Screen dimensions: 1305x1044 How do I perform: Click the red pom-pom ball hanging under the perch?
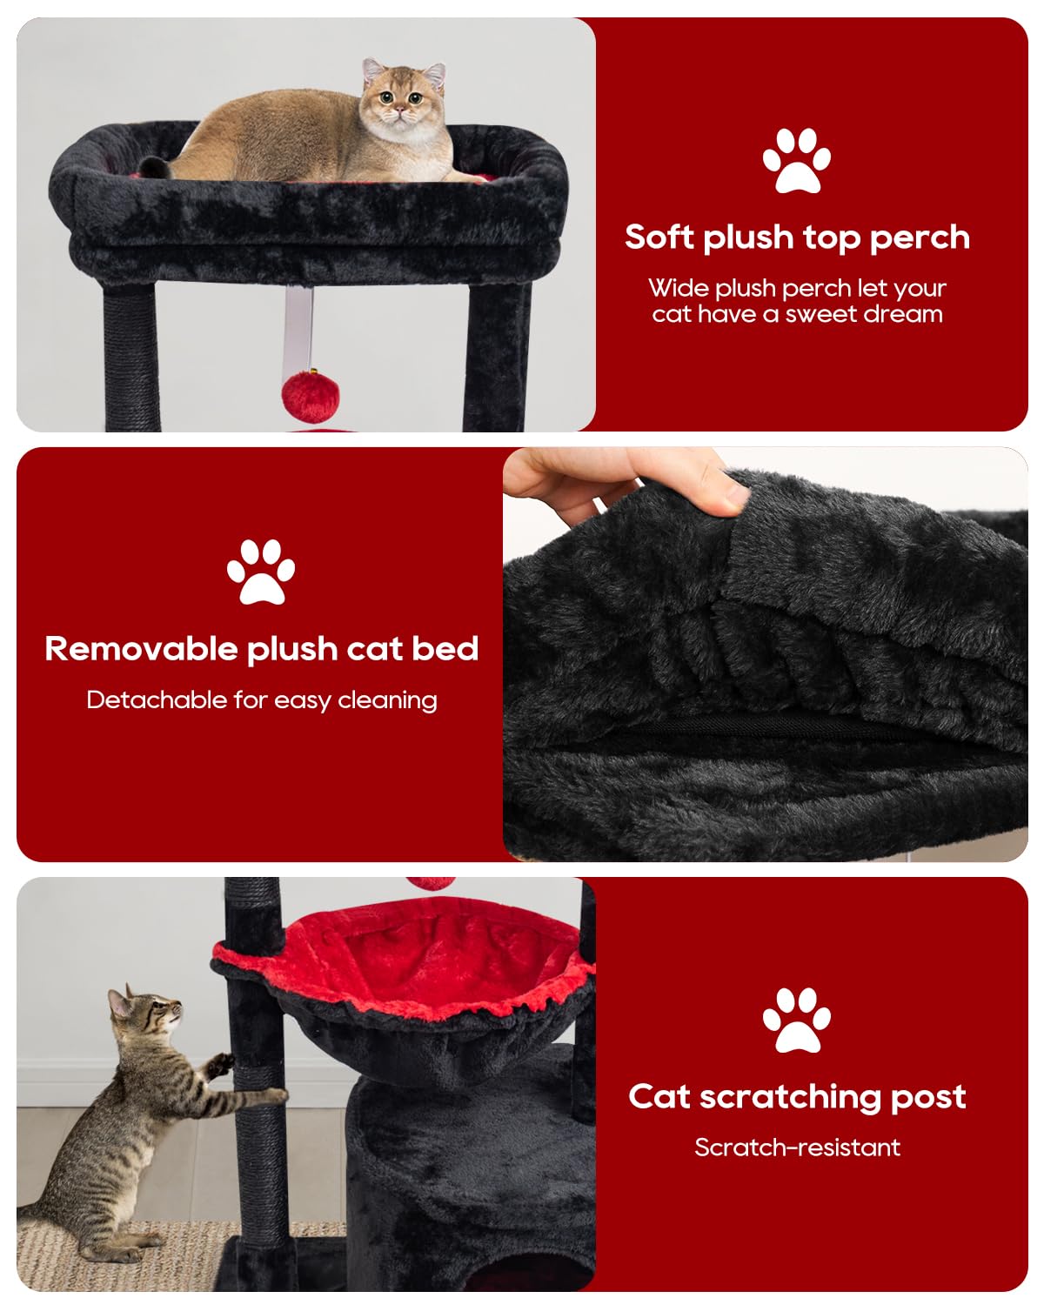[311, 394]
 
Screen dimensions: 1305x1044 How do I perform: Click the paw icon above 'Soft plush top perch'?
[796, 160]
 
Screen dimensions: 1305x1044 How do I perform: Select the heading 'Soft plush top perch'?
[797, 238]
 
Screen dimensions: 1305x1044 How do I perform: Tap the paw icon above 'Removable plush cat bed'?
[261, 572]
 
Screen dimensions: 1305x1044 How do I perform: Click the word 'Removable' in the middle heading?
[141, 649]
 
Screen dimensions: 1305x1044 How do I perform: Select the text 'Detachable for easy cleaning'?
[261, 700]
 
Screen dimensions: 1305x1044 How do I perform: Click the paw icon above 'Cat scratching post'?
[796, 1020]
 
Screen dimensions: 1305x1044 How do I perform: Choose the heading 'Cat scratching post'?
[797, 1097]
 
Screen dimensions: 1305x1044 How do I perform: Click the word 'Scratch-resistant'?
[797, 1148]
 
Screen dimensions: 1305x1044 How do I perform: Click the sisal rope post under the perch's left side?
[130, 357]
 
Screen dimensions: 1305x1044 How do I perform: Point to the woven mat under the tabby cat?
[130, 1253]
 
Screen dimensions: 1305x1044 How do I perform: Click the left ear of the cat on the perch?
[373, 69]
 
